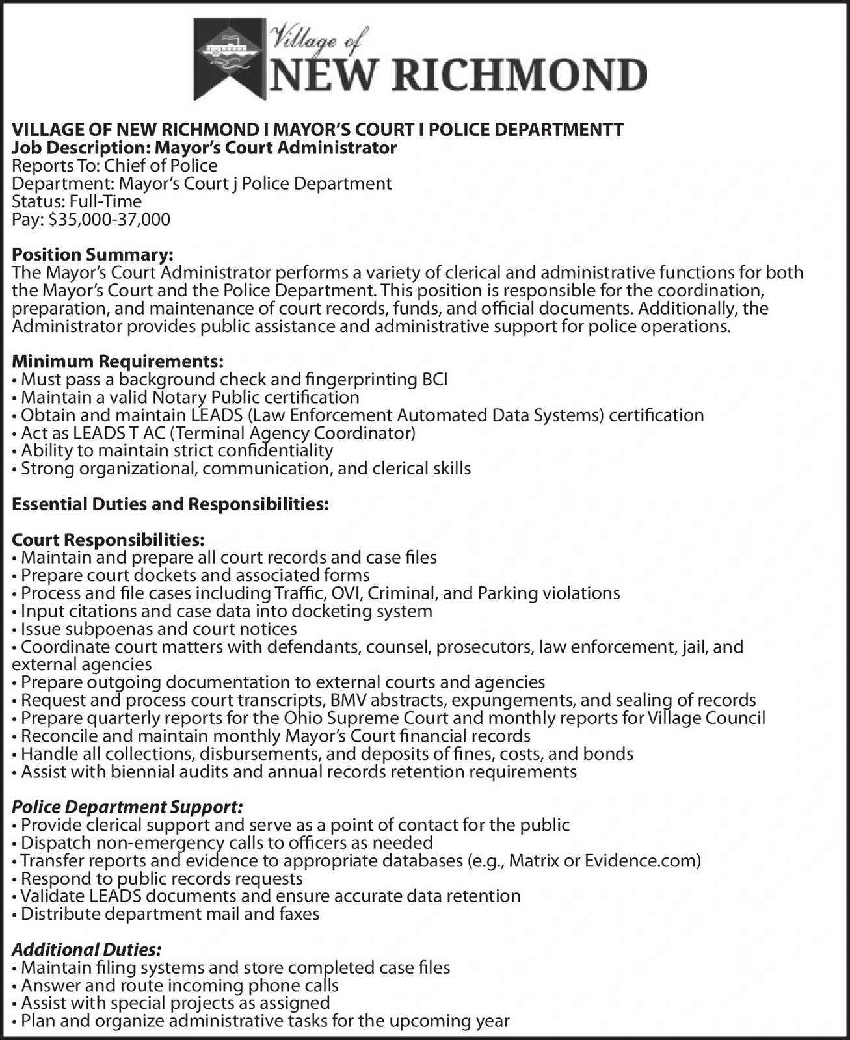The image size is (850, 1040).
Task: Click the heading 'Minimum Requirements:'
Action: pyautogui.click(x=118, y=360)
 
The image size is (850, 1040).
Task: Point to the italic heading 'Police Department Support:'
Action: pyautogui.click(x=127, y=807)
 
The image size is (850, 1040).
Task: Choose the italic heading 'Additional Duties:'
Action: pyautogui.click(x=87, y=950)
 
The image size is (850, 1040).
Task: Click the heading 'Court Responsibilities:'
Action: pyautogui.click(x=108, y=540)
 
